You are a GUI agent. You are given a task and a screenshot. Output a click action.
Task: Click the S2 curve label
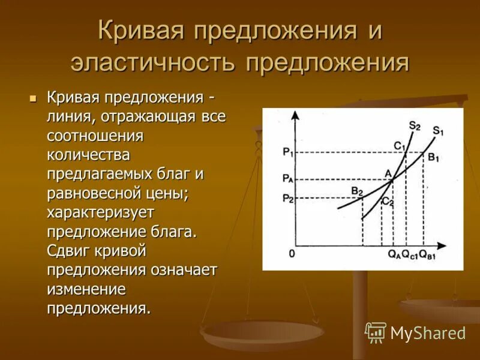pos(415,125)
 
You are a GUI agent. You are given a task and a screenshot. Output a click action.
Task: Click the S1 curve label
pos(437,130)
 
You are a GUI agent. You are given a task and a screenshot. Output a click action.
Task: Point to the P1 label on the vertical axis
pos(287,152)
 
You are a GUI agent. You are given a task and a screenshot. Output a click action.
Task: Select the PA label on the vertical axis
pos(288,179)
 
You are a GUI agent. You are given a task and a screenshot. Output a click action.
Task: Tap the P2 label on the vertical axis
pos(288,199)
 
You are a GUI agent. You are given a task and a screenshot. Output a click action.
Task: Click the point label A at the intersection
pos(388,173)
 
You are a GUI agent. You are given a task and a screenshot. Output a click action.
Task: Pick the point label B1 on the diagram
pos(433,158)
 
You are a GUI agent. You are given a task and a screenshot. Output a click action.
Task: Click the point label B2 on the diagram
pos(358,191)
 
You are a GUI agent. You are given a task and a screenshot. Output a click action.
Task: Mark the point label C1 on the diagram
pos(400,145)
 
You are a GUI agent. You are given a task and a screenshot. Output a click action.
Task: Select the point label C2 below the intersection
pos(388,202)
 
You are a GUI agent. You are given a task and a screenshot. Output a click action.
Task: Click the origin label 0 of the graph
pos(292,253)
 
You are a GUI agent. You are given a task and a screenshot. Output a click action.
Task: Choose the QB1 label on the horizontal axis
pos(427,254)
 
